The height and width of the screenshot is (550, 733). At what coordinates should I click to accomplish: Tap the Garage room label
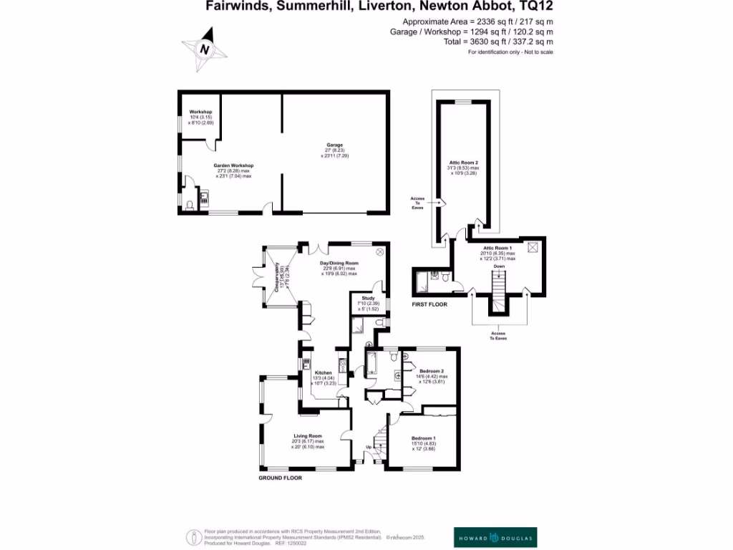point(335,145)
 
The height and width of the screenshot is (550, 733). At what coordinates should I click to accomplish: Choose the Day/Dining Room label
point(339,264)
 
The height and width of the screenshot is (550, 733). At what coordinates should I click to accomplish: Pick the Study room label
point(368,297)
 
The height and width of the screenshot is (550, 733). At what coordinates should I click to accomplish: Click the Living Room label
point(308,435)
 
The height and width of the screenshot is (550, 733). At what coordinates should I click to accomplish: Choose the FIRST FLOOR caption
point(429,304)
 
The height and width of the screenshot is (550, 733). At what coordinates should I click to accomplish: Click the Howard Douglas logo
point(495,537)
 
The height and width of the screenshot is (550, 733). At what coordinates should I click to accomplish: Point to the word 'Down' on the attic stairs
point(499,266)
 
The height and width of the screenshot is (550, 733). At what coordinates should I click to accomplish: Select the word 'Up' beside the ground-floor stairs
point(369,448)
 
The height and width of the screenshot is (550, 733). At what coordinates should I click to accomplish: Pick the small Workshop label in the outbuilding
point(200,112)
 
